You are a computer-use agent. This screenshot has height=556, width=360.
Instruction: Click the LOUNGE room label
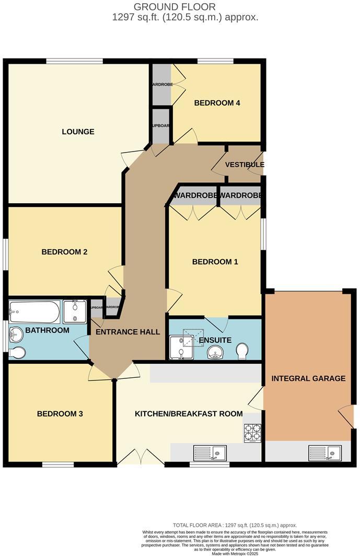point(78,132)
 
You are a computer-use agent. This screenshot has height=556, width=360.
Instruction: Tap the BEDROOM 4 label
point(217,103)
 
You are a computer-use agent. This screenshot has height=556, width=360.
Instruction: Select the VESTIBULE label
point(245,165)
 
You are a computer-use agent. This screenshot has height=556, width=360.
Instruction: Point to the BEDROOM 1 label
point(215,262)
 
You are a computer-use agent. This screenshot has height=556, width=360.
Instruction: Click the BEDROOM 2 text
point(64,252)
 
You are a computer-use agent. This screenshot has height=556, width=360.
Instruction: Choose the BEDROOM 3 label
point(60,414)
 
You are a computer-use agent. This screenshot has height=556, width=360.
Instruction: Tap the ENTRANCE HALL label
point(127,332)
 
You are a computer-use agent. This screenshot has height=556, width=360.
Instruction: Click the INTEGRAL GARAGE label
point(308,378)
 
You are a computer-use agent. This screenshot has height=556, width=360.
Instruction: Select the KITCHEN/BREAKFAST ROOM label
point(189,414)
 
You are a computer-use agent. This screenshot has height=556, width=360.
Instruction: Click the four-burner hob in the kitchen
point(253,432)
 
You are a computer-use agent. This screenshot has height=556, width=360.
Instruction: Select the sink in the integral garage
point(324,452)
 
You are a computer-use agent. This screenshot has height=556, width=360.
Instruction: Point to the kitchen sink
point(210,452)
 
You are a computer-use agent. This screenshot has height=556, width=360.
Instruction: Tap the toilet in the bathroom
point(17,353)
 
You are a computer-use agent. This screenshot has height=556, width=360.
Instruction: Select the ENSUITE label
point(215,340)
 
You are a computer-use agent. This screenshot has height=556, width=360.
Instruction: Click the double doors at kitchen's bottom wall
point(141,457)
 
